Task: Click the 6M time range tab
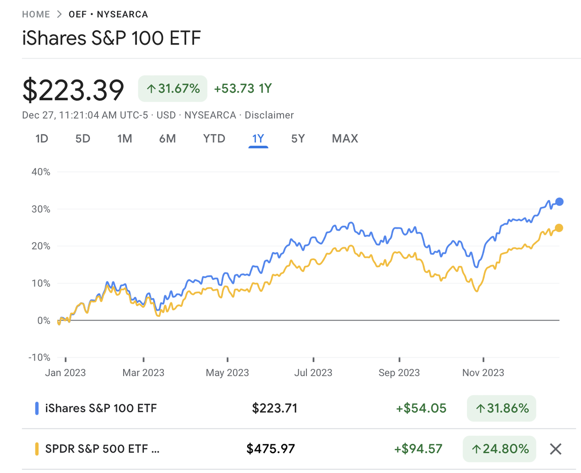point(167,139)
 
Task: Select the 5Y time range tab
point(298,139)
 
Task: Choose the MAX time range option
point(345,139)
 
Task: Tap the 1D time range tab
point(42,139)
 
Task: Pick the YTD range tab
point(214,139)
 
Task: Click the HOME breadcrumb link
point(36,14)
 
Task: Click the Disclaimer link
point(269,115)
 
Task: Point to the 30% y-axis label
point(41,209)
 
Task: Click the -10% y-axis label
point(39,358)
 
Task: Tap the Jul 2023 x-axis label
point(313,373)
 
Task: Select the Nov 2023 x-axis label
point(483,373)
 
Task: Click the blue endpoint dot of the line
point(559,202)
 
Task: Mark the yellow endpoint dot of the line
point(559,228)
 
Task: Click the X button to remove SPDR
point(555,449)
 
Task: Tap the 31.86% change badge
point(501,408)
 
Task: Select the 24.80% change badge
point(500,448)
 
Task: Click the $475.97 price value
point(270,448)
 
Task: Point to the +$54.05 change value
point(421,408)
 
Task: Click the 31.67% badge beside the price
point(173,88)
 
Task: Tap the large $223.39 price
point(73,90)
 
